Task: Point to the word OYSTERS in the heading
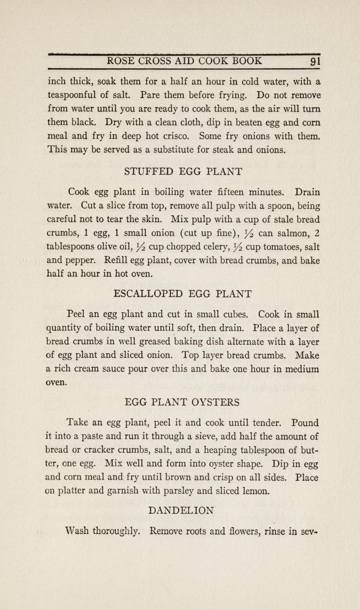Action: tap(216, 402)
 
